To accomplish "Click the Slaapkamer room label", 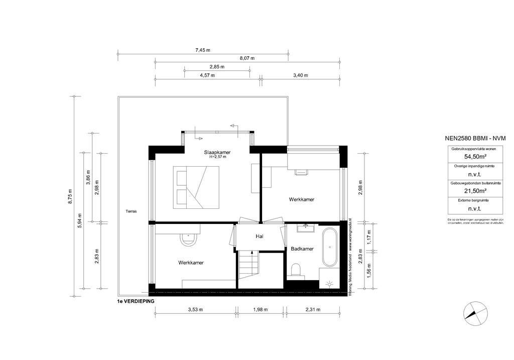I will pos(217,152).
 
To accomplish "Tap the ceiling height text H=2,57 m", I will pos(217,157).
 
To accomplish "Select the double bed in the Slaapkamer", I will pos(197,187).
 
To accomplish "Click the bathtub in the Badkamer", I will pos(330,247).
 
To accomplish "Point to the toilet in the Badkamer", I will pos(296,270).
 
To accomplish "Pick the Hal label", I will pos(260,236).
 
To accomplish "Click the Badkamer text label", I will pos(302,249).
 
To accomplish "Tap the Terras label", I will pos(132,211).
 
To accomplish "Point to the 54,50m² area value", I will pos(468,156).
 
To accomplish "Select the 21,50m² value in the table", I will pos(468,191).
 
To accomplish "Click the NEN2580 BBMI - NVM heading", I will pos(468,139).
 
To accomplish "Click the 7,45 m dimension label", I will pos(202,50).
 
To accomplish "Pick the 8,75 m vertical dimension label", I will pos(71,196).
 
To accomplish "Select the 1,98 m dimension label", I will pos(261,310).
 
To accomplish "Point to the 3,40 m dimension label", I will pos(300,75).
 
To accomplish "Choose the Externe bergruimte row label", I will pos(468,200).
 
